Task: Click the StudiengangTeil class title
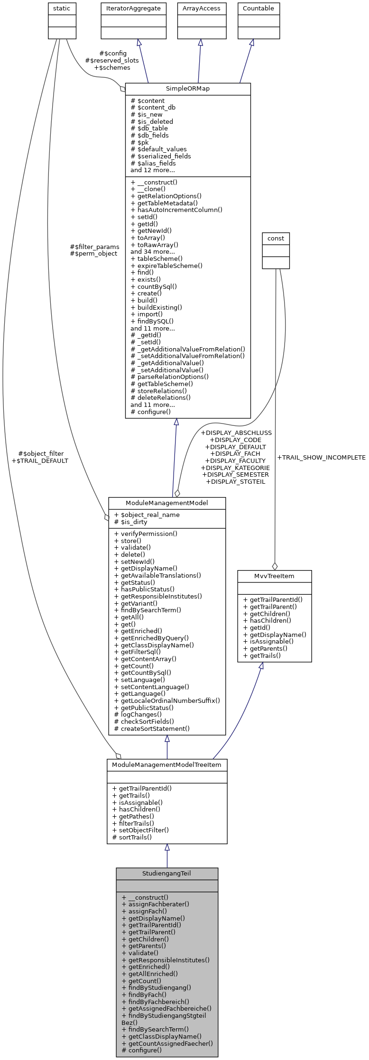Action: (x=166, y=873)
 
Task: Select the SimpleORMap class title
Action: (x=187, y=89)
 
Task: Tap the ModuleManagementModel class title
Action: (x=166, y=503)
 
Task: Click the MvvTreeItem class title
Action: (x=274, y=576)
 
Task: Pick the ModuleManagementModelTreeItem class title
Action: (x=166, y=765)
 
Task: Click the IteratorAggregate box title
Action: (x=133, y=9)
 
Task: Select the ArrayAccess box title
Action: (x=201, y=9)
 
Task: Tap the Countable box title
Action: (x=258, y=9)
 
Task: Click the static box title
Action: (x=62, y=9)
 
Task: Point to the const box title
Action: (x=276, y=238)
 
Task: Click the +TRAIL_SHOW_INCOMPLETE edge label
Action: (x=321, y=458)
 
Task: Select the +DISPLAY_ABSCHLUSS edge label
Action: (x=236, y=433)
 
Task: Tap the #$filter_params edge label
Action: (x=94, y=247)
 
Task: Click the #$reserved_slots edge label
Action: (x=112, y=60)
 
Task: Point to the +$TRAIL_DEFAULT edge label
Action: (x=40, y=461)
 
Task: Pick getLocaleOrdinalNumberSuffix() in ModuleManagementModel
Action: (x=170, y=701)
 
